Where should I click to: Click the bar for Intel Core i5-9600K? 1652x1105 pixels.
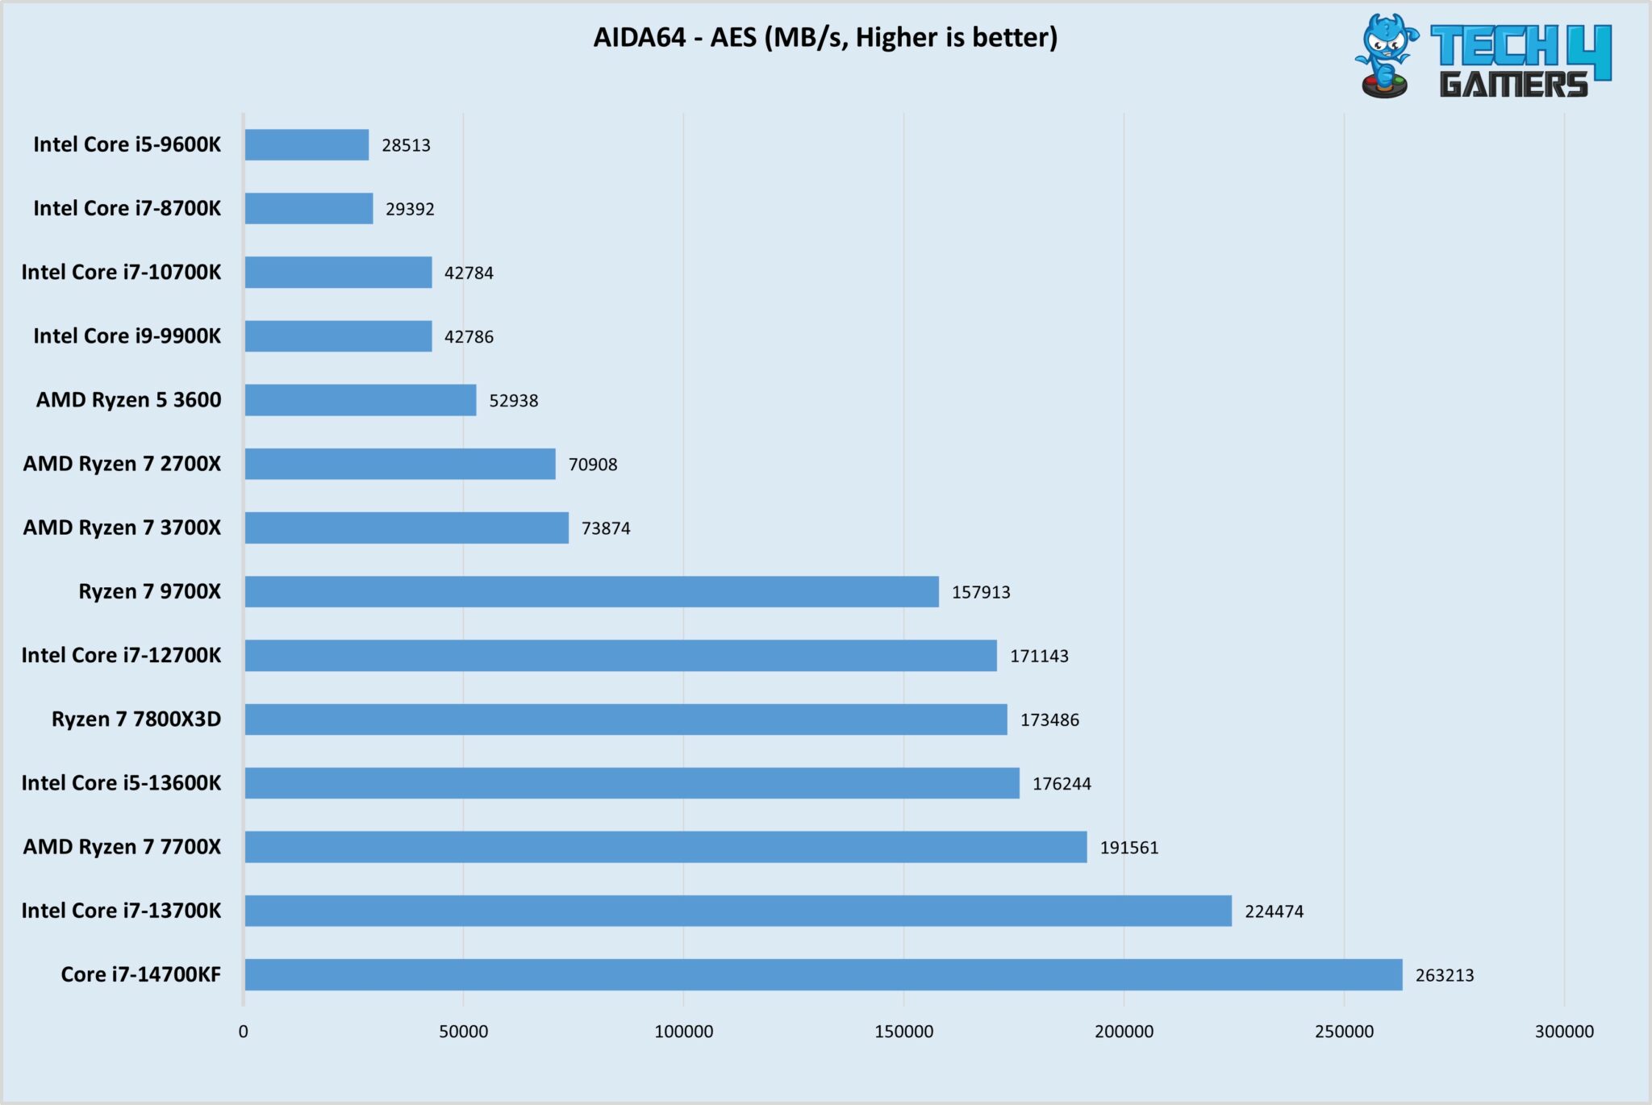click(x=307, y=145)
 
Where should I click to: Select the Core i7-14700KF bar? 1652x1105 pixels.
click(x=823, y=974)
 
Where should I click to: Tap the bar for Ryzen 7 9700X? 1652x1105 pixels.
click(x=591, y=591)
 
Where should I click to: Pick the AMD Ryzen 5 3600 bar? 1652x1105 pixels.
click(x=360, y=400)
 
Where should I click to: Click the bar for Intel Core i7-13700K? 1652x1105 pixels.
click(x=738, y=911)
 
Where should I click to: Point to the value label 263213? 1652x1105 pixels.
click(x=1444, y=975)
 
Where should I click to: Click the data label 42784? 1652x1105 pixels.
click(x=469, y=273)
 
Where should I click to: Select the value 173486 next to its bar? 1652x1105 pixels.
click(x=1049, y=719)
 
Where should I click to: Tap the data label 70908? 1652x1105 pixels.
click(x=593, y=465)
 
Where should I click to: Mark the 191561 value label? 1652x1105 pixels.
click(x=1128, y=848)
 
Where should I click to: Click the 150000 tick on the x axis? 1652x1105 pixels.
click(x=903, y=1032)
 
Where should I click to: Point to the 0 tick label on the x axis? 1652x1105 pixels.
click(x=244, y=1032)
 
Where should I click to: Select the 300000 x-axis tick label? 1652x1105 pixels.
click(x=1563, y=1032)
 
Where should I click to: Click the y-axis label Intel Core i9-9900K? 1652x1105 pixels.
click(x=127, y=336)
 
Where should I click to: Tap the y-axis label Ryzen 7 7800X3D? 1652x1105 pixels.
click(x=136, y=719)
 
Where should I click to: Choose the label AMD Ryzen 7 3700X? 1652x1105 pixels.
click(x=122, y=527)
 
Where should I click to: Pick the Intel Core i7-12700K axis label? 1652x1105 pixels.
click(x=121, y=655)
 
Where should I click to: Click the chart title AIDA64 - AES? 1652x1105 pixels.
click(x=824, y=37)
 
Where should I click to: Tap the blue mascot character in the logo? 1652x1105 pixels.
click(x=1386, y=55)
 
